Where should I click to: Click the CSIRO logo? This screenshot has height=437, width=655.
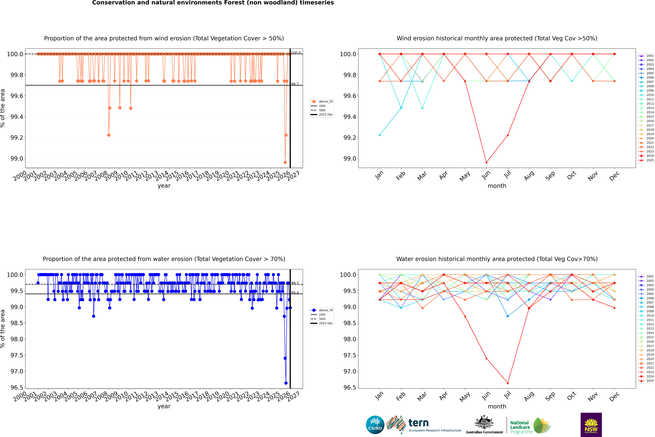[x=375, y=425]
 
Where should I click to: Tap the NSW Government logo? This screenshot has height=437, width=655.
[x=591, y=425]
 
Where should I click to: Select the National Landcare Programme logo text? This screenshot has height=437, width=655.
[x=520, y=427]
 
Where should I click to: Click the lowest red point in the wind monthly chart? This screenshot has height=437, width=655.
[x=486, y=162]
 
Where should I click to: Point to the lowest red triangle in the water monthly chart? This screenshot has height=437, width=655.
[x=508, y=383]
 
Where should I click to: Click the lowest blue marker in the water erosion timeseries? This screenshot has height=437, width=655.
[x=286, y=383]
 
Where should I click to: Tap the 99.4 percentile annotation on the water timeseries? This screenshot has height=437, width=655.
[x=295, y=293]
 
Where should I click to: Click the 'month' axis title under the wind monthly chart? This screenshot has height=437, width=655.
[x=497, y=186]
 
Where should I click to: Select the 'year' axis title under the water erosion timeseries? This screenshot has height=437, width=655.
[x=164, y=406]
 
